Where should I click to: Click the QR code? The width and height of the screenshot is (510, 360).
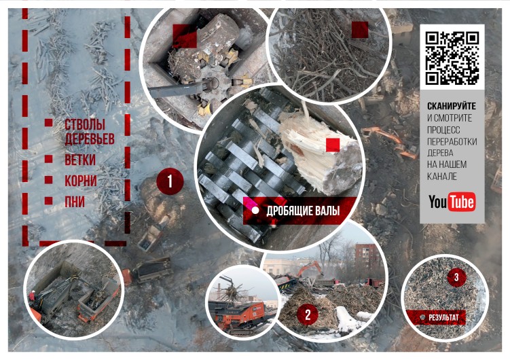pyautogui.click(x=452, y=58)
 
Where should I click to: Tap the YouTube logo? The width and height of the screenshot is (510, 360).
pyautogui.click(x=452, y=202)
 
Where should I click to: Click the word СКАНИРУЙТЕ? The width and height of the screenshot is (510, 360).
pyautogui.click(x=452, y=106)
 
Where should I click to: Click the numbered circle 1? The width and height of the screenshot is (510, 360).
pyautogui.click(x=170, y=181)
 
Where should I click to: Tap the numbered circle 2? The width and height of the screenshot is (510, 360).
pyautogui.click(x=308, y=314)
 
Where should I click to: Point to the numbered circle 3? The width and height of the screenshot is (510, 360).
pyautogui.click(x=456, y=277)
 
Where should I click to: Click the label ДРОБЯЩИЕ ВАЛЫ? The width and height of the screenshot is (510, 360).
pyautogui.click(x=303, y=211)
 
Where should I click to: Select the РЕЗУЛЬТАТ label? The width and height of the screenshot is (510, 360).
pyautogui.click(x=443, y=317)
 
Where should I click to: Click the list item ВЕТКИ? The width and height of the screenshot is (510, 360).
pyautogui.click(x=80, y=160)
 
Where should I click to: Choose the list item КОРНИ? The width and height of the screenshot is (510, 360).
pyautogui.click(x=81, y=181)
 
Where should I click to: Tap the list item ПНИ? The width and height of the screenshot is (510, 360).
pyautogui.click(x=75, y=202)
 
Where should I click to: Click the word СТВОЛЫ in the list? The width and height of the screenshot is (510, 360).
pyautogui.click(x=85, y=124)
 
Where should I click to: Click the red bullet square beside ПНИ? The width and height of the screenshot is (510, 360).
pyautogui.click(x=48, y=200)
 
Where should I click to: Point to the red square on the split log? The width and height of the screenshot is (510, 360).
pyautogui.click(x=333, y=145)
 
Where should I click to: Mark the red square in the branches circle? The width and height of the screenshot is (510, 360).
pyautogui.click(x=360, y=30)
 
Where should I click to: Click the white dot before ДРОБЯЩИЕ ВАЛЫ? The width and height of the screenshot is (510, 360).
pyautogui.click(x=255, y=211)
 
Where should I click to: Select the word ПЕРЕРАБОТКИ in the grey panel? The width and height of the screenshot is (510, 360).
pyautogui.click(x=452, y=141)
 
